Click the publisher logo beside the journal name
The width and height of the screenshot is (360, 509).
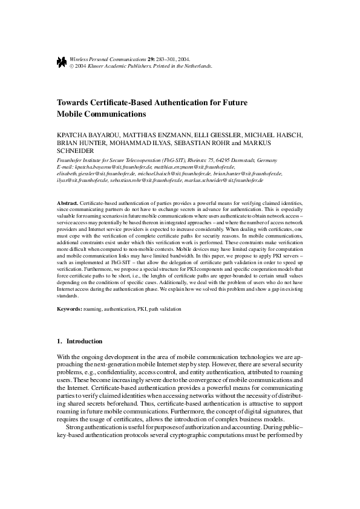point(62,62)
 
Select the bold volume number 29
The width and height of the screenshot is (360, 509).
point(144,59)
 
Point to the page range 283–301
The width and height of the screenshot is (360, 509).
point(161,59)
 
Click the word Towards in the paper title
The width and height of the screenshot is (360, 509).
point(75,103)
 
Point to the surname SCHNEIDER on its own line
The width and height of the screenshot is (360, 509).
point(75,151)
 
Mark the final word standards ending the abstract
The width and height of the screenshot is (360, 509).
point(68,296)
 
